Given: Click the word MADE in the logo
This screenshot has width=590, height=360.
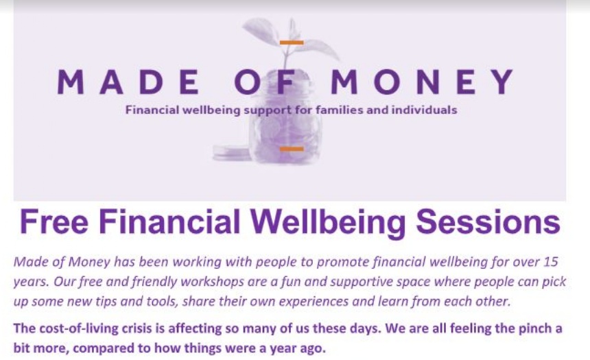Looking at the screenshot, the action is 128,82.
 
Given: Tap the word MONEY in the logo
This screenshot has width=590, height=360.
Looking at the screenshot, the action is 422,82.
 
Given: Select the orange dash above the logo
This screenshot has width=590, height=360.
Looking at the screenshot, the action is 292,43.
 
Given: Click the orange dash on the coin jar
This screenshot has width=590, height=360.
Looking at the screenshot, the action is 292,149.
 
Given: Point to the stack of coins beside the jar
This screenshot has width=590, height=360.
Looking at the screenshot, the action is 231,152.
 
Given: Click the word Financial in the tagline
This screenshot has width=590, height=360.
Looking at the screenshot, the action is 152,110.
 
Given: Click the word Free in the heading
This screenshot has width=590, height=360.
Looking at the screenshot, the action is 54,221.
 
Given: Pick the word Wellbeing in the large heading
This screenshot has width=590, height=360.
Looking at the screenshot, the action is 327,223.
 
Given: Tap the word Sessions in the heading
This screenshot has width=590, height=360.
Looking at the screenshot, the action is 488,221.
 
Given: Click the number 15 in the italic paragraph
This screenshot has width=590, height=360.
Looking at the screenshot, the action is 550,261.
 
